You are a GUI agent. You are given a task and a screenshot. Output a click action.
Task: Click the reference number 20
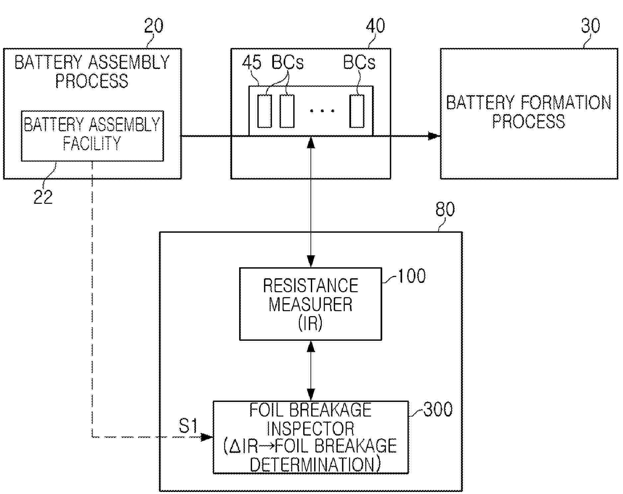point(153,26)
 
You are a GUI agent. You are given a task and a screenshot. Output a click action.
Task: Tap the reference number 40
point(375,26)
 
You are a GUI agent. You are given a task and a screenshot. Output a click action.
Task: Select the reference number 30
point(590,26)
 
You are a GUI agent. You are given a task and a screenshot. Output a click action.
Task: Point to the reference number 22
point(43,197)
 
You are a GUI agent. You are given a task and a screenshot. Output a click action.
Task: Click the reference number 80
point(445,209)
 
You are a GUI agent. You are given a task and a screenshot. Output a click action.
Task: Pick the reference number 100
point(412,276)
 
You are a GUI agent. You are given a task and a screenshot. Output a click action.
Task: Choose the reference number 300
point(438,409)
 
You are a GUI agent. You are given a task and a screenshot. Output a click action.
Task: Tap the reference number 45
point(251,62)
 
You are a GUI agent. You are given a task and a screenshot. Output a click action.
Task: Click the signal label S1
point(188,426)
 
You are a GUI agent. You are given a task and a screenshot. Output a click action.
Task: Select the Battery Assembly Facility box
point(92,136)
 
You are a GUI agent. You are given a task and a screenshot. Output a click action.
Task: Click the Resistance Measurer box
point(311,304)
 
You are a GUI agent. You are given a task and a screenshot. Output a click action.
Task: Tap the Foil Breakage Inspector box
point(311,437)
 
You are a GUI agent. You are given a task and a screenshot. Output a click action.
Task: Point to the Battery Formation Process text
point(529,112)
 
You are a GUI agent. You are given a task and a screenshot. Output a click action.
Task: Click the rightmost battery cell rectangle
point(357,111)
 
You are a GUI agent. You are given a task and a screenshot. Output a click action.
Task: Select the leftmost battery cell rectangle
point(264,111)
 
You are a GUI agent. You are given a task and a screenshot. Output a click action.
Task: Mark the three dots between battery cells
point(322,111)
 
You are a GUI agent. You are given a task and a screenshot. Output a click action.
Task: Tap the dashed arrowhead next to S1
point(207,437)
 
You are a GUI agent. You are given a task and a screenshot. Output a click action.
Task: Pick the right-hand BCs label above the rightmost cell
point(359,62)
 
